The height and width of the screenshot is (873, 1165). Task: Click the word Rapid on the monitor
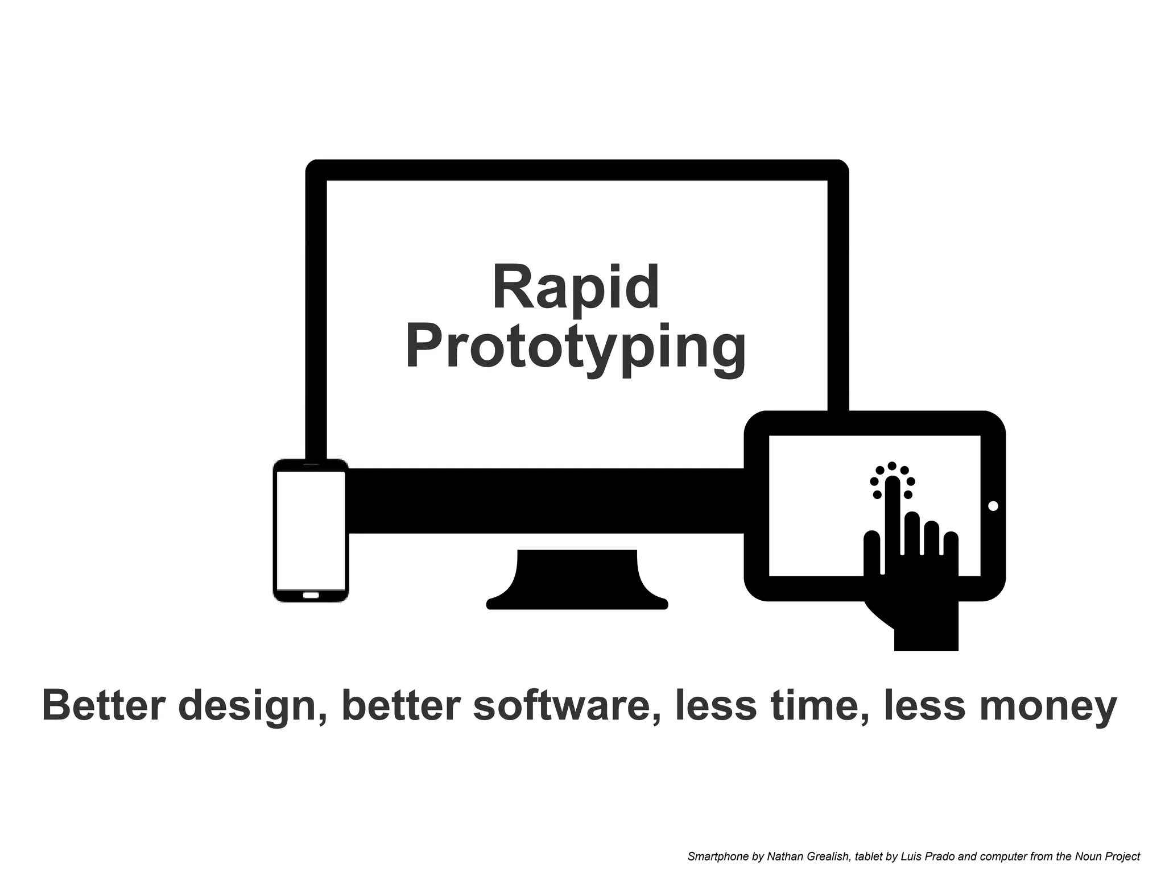point(576,288)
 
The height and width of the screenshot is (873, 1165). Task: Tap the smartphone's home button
point(311,595)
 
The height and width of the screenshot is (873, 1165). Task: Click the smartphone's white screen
point(311,530)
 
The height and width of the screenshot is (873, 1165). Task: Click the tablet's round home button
point(993,506)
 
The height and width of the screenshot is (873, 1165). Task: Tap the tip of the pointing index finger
point(892,483)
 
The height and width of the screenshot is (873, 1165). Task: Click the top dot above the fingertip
point(892,466)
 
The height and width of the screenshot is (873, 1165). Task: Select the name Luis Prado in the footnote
point(921,857)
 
